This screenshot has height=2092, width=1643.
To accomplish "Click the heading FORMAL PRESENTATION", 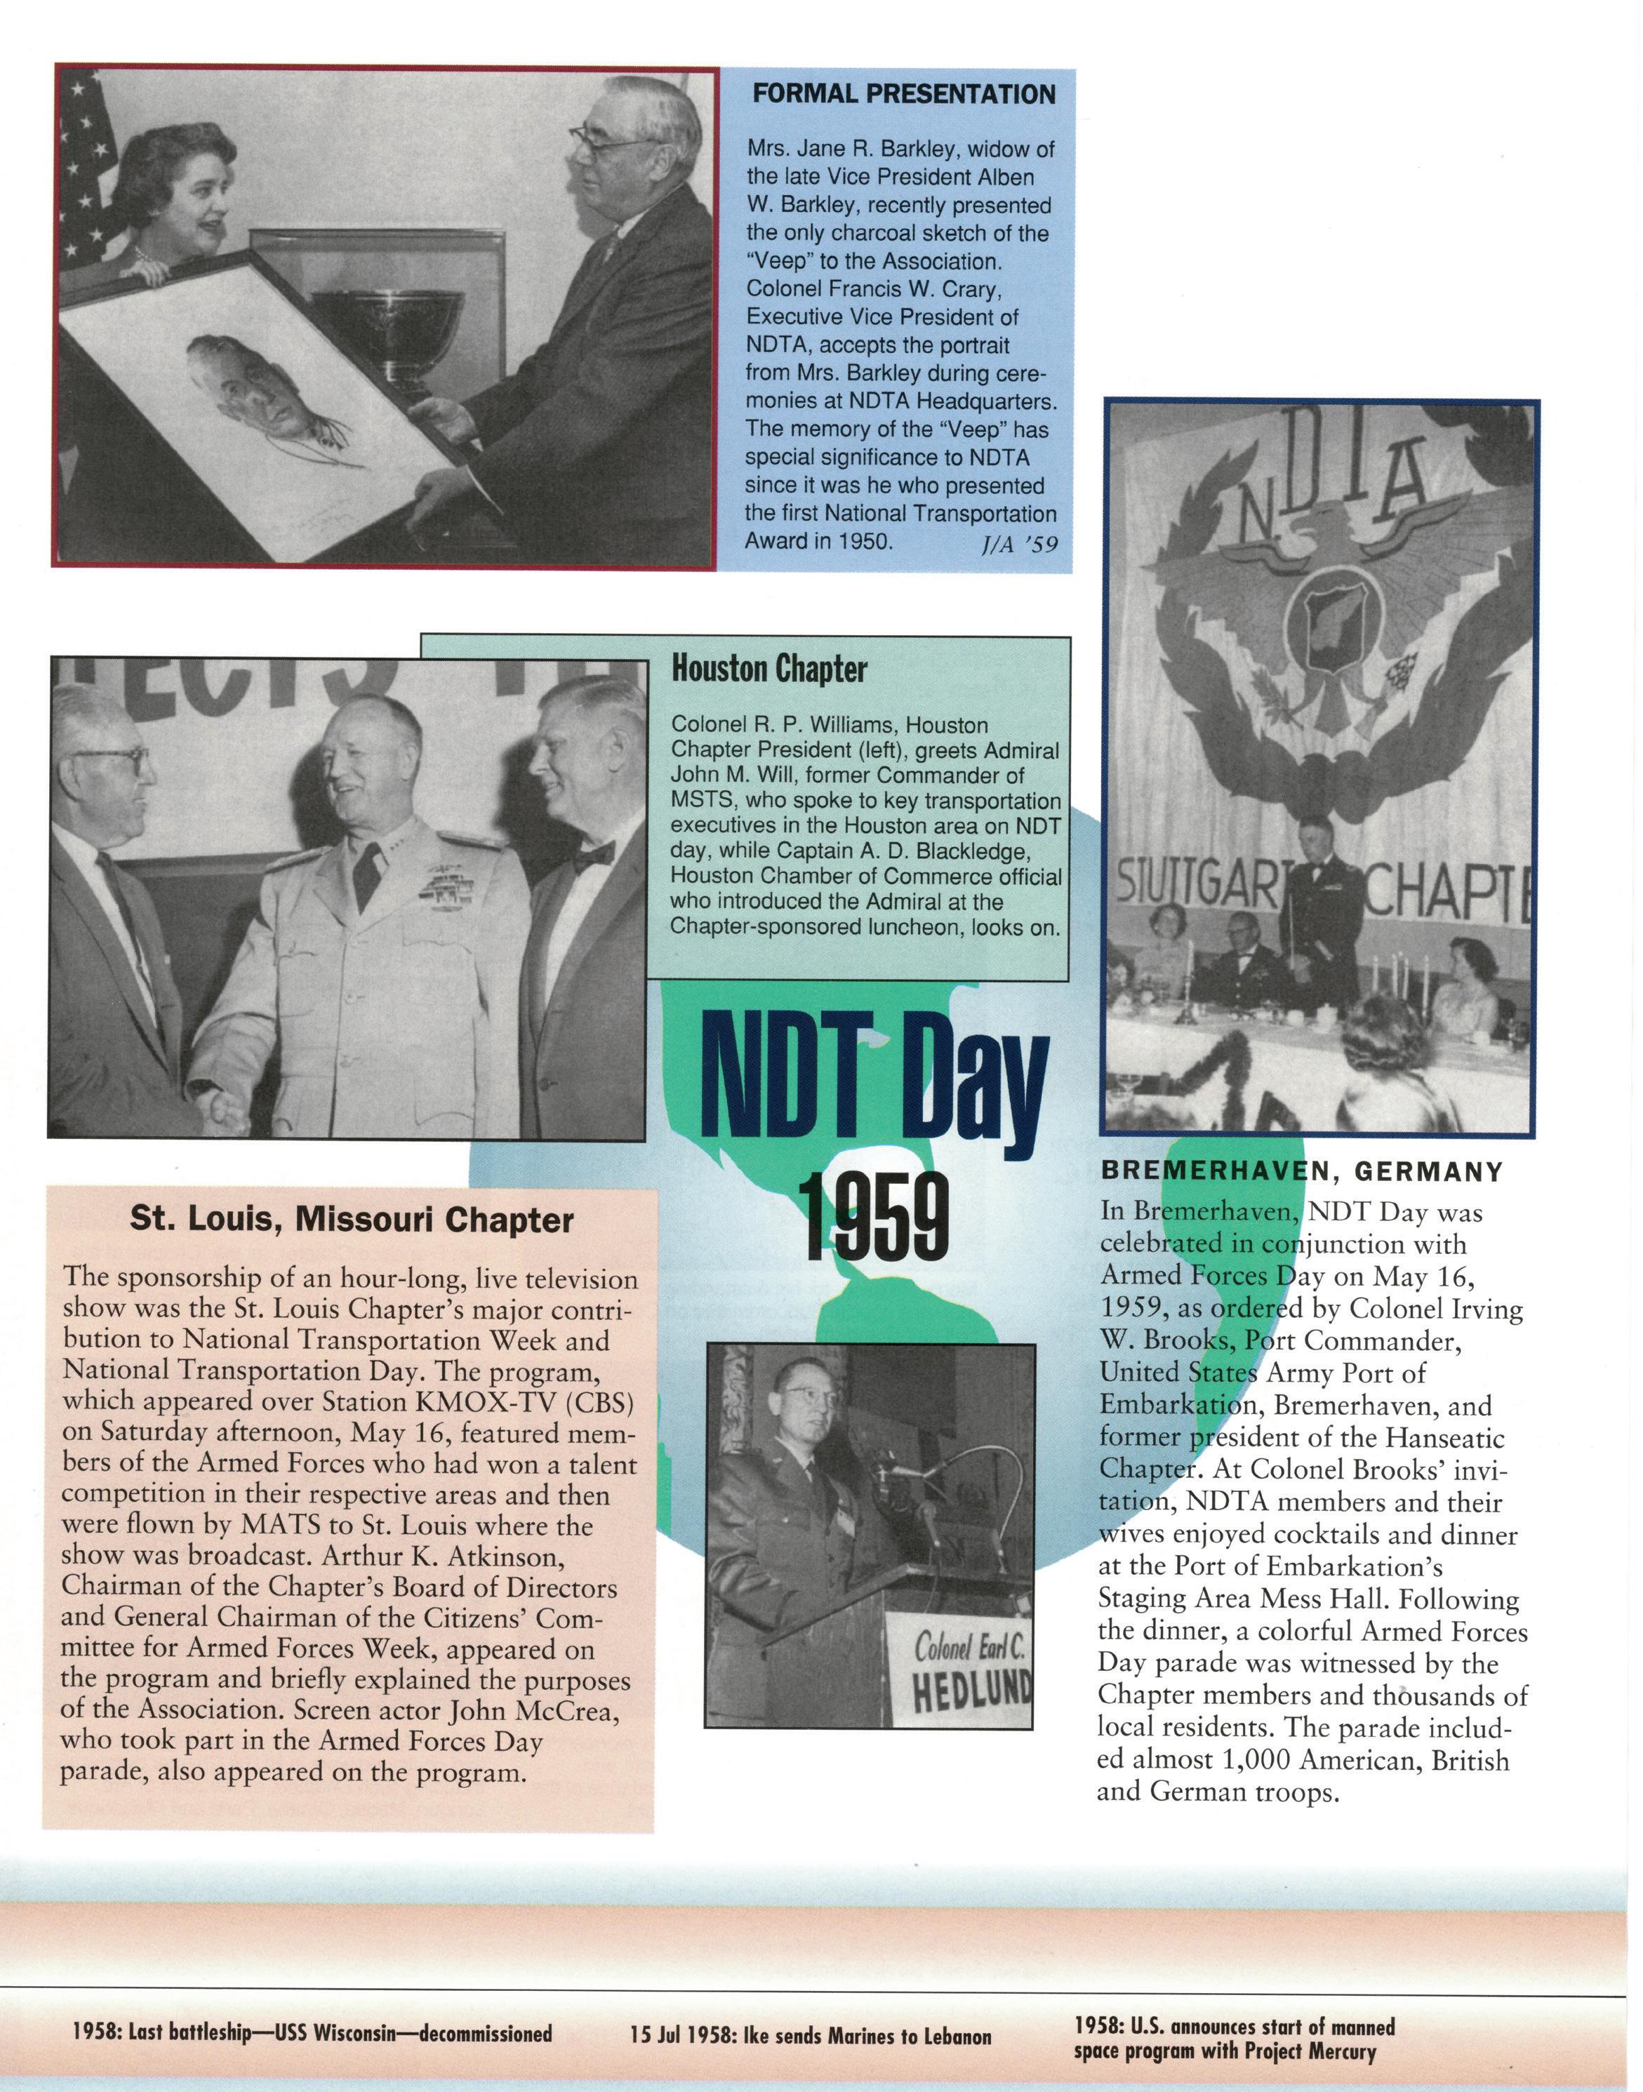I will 903,94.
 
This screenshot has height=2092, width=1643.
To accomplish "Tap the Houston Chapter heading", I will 769,669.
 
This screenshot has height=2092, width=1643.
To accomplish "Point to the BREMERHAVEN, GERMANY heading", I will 1301,1171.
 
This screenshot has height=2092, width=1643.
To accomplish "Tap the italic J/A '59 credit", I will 1017,545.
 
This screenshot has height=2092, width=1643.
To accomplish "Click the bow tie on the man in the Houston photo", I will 594,855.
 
